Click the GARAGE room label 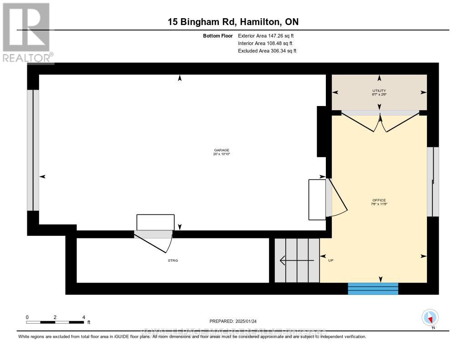222,152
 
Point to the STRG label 172,260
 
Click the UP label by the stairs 331,260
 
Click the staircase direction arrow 296,260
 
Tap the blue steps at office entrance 373,289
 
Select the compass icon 430,317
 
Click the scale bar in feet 55,322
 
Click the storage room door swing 155,241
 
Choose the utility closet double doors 380,122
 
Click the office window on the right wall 433,181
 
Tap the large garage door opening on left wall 33,150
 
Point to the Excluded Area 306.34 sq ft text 267,51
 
